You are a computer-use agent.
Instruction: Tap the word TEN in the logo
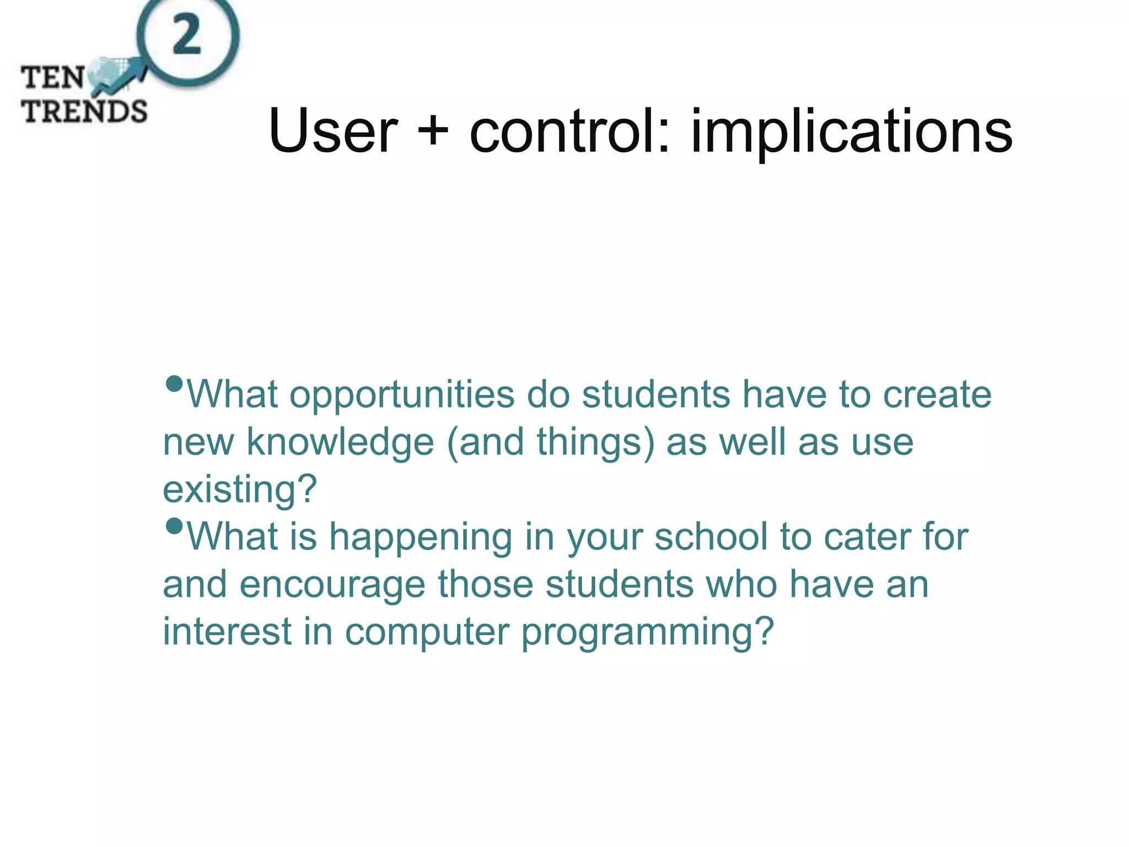coord(53,77)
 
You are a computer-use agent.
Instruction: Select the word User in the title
coord(332,131)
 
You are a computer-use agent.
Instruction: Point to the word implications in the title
coord(851,132)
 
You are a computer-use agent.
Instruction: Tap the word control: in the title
coord(570,131)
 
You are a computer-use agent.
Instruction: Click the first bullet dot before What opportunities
coord(174,384)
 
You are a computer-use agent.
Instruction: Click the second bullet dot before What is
coord(174,526)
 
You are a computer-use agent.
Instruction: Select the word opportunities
coord(402,395)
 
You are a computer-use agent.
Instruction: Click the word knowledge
coord(340,442)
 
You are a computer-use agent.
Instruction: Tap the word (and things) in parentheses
coord(551,442)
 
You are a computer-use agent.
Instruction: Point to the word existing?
coord(240,490)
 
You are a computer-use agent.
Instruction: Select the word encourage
coord(332,585)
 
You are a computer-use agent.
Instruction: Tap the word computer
coord(427,632)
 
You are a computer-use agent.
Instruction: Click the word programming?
coord(648,633)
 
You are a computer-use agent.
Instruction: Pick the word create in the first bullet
coord(937,395)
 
